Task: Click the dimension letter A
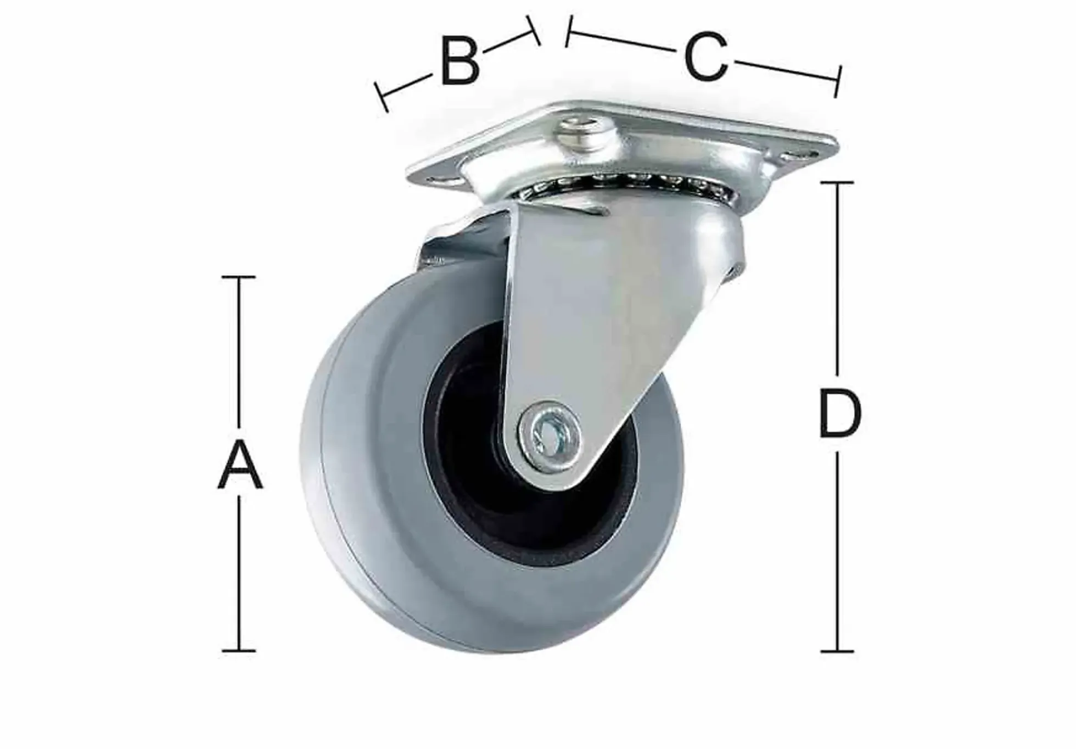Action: pos(240,464)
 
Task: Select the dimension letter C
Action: pos(706,57)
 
